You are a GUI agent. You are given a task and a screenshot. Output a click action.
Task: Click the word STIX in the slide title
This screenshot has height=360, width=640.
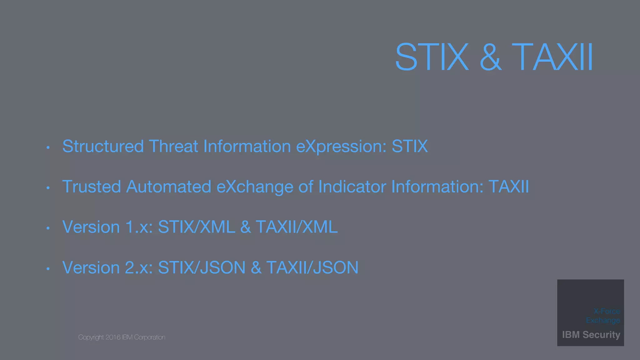432,57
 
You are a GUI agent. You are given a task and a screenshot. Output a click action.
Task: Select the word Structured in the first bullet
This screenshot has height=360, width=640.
103,146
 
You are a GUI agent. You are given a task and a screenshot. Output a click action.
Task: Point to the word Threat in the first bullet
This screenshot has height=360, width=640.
173,146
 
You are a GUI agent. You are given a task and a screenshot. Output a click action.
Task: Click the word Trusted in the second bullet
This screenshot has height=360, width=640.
91,187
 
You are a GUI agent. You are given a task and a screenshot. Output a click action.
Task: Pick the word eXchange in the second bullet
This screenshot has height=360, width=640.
255,187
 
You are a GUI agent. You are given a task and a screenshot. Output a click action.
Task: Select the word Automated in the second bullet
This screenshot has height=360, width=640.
169,187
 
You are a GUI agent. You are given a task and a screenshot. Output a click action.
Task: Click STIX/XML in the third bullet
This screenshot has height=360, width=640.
197,227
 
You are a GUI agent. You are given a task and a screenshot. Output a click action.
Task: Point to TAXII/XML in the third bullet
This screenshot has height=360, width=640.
297,227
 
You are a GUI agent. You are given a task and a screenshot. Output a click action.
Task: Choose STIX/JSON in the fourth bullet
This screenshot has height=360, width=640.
202,268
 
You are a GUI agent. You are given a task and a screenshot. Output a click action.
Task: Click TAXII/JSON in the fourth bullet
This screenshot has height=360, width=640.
312,268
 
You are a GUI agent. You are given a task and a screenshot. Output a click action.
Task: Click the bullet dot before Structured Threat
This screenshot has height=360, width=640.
48,147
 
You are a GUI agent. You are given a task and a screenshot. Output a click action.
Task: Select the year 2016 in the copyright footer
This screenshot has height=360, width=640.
113,337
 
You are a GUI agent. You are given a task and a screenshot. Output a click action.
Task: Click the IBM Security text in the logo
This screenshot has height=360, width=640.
591,335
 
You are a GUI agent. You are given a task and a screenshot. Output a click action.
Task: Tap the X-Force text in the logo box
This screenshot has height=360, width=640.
607,311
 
